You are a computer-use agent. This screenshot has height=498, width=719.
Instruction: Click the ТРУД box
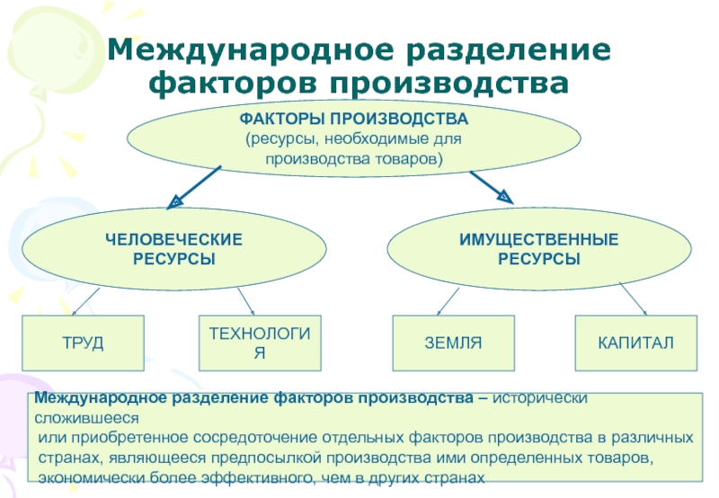(84, 343)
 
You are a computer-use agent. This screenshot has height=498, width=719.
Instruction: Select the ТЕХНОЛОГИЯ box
(259, 343)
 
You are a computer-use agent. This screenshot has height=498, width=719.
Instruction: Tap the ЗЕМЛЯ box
(454, 343)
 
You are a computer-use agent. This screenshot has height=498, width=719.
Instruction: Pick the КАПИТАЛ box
(635, 343)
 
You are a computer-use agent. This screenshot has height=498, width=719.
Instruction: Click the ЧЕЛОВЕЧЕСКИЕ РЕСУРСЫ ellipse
(173, 249)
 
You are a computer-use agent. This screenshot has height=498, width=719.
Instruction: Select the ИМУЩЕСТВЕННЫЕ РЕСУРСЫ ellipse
(538, 249)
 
